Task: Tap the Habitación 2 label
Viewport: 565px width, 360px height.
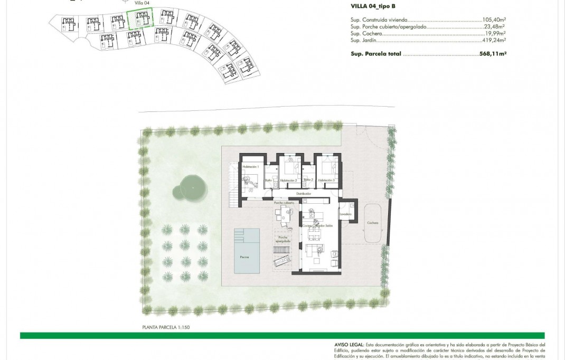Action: (288, 181)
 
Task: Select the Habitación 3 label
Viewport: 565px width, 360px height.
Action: (326, 181)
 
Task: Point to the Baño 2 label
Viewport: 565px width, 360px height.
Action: (308, 181)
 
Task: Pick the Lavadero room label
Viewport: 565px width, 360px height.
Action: (346, 215)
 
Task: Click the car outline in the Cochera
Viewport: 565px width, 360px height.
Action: (373, 223)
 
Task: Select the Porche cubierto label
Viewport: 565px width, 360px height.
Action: (284, 203)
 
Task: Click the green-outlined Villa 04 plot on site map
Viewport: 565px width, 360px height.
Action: (140, 21)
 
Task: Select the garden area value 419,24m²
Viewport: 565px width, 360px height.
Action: (494, 40)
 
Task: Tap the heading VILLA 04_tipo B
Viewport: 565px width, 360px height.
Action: (373, 6)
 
